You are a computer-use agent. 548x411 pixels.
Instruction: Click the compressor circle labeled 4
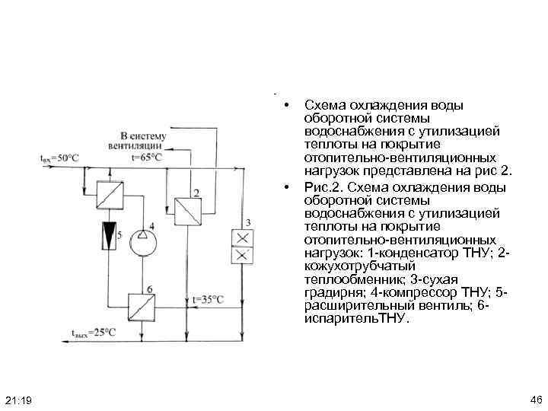[142, 243]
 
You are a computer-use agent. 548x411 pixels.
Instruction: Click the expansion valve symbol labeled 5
[111, 236]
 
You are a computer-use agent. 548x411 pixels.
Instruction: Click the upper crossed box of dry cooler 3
[241, 237]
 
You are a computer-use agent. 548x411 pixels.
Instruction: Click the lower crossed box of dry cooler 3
[241, 256]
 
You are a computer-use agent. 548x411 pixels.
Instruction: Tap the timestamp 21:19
[18, 400]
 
